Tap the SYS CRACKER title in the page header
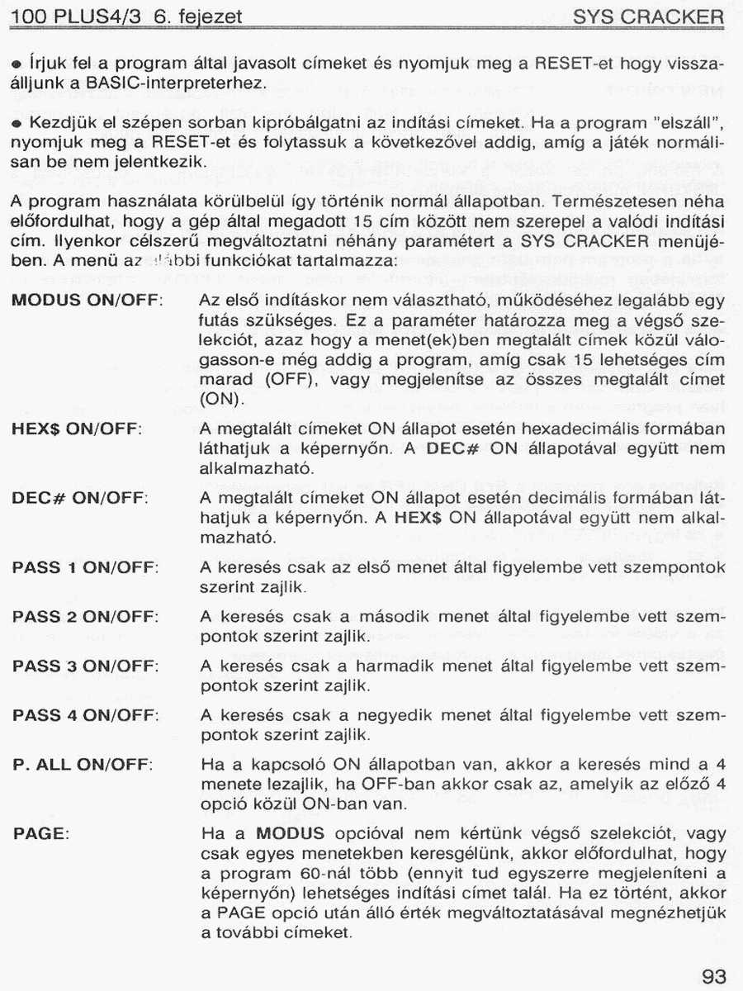click(x=648, y=17)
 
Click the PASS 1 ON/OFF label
click(x=86, y=567)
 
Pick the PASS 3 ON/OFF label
click(x=86, y=666)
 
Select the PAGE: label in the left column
click(x=40, y=834)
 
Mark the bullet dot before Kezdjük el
click(x=16, y=124)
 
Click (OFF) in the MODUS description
click(x=285, y=381)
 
